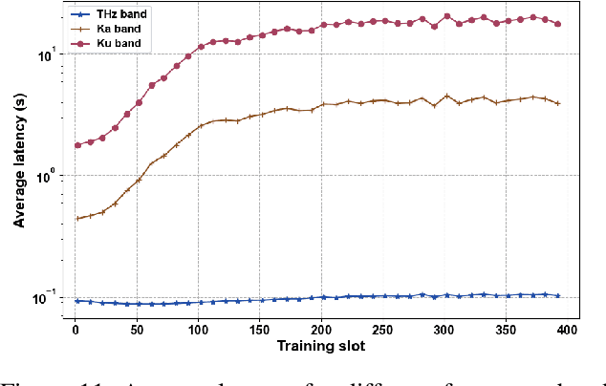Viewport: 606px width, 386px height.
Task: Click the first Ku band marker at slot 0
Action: [x=78, y=145]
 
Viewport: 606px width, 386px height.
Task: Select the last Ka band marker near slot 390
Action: [x=557, y=103]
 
